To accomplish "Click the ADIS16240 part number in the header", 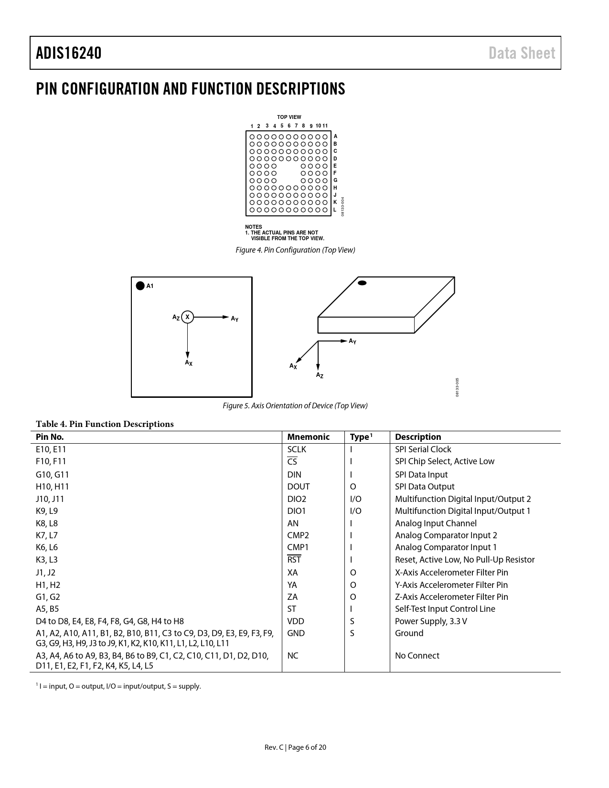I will coord(69,53).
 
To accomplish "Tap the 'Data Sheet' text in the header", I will coord(522,53).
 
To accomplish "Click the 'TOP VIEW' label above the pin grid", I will coord(289,117).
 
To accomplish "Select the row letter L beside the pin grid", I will coord(335,210).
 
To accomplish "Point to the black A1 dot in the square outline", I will coord(140,286).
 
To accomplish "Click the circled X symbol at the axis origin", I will coord(188,317).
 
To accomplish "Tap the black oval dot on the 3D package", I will coord(362,283).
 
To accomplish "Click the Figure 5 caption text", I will coord(295,405).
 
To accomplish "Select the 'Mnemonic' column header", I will coord(308,437).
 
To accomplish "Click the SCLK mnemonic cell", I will coord(297,449).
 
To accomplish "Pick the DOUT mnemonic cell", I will coord(299,487).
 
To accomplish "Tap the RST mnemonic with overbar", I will coord(294,560).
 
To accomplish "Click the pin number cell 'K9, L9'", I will coord(47,511).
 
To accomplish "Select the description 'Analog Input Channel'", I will coord(436,523).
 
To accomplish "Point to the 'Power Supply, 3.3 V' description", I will coord(431,621).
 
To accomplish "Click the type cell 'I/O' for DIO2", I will coord(356,499).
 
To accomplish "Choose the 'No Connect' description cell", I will coord(417,656).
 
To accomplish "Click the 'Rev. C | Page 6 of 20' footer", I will coord(295,747).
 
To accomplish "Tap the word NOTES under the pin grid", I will coord(253,227).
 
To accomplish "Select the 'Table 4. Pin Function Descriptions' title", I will coord(105,424).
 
